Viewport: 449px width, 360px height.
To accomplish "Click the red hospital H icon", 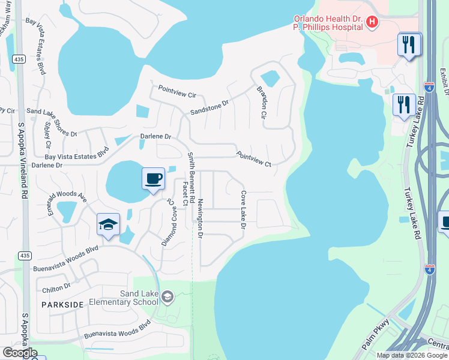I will click(x=372, y=22).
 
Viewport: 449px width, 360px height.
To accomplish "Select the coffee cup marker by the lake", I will click(x=153, y=178).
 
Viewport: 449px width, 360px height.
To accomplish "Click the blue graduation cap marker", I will click(x=109, y=225).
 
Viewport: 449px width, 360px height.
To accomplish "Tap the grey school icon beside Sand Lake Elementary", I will click(x=168, y=296).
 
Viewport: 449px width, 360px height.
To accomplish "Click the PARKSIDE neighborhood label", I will click(x=62, y=305).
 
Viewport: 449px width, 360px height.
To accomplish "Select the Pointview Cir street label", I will click(x=177, y=91).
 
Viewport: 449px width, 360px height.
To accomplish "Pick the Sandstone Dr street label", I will click(x=209, y=107).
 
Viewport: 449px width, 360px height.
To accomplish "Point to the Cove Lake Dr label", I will click(x=243, y=210).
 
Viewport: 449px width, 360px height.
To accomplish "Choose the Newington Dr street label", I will click(x=200, y=217).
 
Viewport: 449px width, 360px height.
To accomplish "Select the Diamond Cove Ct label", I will click(x=170, y=222).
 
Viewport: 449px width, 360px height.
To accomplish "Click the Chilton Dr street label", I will click(x=56, y=289).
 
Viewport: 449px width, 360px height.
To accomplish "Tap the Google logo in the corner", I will click(x=20, y=353).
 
